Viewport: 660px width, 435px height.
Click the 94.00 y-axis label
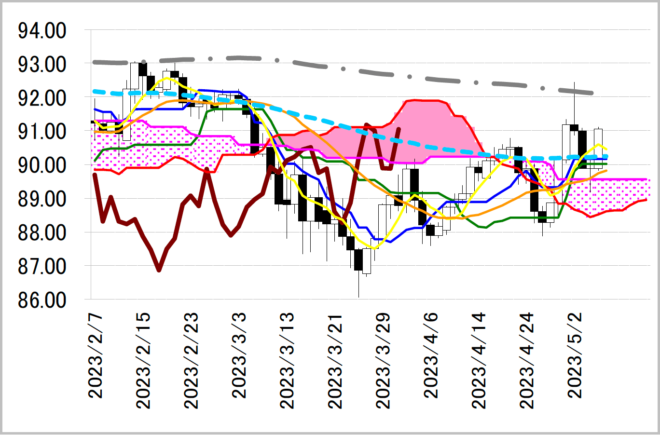tap(42, 31)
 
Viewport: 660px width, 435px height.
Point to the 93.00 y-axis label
tap(42, 65)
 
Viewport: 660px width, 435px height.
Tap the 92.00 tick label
tap(42, 99)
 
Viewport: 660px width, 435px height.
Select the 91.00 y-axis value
tap(42, 132)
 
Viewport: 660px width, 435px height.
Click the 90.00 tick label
tap(42, 165)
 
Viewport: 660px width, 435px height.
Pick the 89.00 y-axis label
tap(42, 199)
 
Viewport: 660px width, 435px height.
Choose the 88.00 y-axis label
tap(42, 233)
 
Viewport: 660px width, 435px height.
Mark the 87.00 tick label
tap(42, 266)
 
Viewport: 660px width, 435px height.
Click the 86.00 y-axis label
tap(42, 300)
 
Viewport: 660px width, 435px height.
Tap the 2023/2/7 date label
tap(96, 356)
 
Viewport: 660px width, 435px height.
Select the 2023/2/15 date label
tap(144, 361)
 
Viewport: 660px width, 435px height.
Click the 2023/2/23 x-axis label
tap(192, 361)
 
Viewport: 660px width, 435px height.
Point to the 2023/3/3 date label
tap(240, 356)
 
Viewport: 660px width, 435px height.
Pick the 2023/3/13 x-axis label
tap(288, 361)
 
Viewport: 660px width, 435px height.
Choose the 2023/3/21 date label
tap(335, 361)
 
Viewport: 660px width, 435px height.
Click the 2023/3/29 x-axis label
tap(384, 361)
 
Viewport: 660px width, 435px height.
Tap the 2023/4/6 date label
tap(431, 356)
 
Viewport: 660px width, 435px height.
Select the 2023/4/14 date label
tap(479, 361)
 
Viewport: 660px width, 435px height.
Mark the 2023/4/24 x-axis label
tap(527, 361)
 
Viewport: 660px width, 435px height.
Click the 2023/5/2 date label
tap(575, 356)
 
